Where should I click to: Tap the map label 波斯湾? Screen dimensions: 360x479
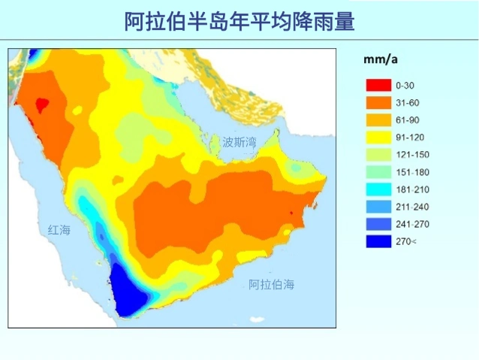(x=239, y=141)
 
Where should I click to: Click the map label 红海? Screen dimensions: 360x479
(x=59, y=230)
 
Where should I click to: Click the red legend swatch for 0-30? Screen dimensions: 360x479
(x=378, y=85)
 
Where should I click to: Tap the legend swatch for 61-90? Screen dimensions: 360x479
(x=378, y=119)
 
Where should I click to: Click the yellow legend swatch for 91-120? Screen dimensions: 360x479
(x=378, y=137)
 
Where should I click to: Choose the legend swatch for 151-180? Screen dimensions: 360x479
(x=378, y=172)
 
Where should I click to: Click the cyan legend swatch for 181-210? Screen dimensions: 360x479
(x=378, y=189)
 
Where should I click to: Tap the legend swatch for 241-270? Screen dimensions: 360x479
(x=378, y=224)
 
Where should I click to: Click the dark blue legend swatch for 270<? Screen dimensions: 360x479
(x=378, y=241)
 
